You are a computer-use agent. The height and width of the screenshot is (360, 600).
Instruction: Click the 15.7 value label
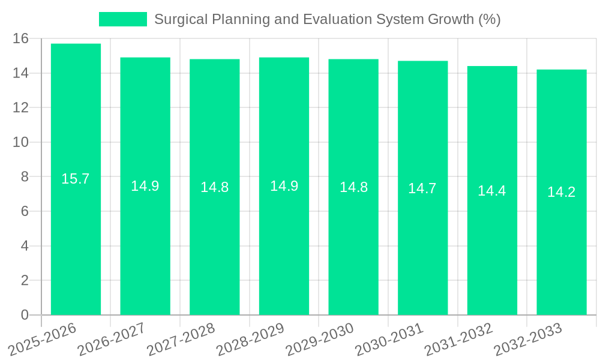(x=76, y=179)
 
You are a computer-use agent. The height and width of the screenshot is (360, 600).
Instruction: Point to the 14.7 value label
(x=422, y=188)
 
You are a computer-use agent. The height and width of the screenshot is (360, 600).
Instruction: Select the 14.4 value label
(x=492, y=191)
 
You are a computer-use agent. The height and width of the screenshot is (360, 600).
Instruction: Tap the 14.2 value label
(x=562, y=192)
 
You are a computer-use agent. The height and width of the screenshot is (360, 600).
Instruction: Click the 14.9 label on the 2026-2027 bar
(x=145, y=186)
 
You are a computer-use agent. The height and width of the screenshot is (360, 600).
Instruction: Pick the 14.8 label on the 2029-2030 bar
(x=353, y=187)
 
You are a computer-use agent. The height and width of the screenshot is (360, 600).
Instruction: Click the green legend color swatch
(x=122, y=19)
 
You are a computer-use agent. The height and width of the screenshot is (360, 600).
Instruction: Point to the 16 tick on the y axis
(x=21, y=39)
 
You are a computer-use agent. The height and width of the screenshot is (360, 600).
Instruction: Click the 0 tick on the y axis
(x=25, y=315)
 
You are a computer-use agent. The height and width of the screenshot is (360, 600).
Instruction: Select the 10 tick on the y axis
(x=21, y=142)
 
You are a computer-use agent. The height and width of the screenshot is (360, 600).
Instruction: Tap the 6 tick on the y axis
(x=25, y=211)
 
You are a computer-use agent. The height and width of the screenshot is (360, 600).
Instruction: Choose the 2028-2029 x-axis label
(x=250, y=339)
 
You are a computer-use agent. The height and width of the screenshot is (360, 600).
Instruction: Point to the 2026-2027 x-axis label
(x=112, y=339)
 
